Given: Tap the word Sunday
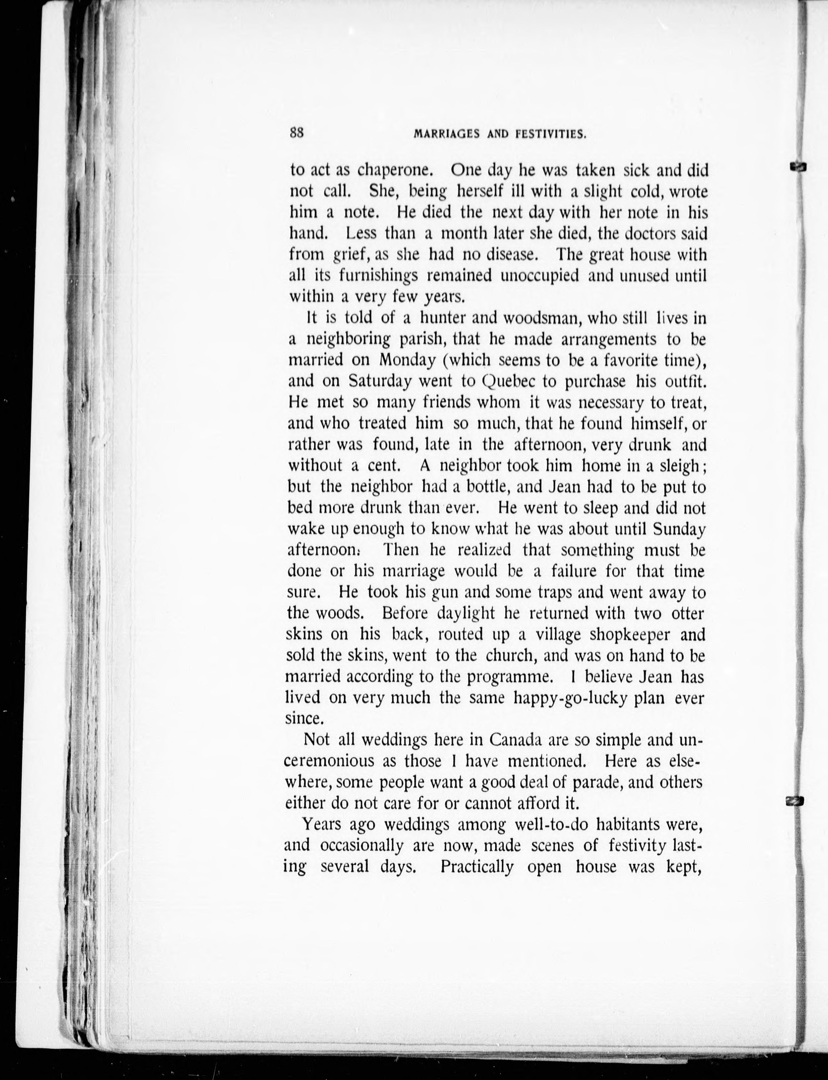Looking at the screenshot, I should pos(679,529).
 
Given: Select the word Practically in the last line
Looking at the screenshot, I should pos(477,867).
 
